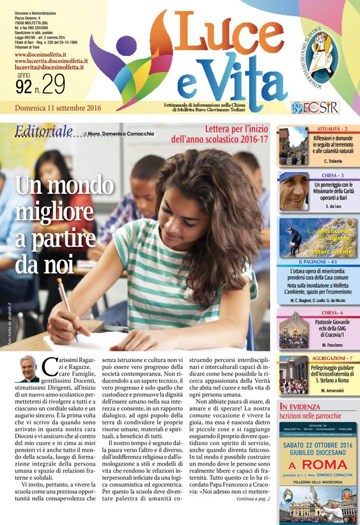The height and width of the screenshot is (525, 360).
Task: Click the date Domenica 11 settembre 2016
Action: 58,108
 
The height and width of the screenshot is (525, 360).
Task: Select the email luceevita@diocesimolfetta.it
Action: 49,67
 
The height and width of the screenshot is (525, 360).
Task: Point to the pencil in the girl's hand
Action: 67,308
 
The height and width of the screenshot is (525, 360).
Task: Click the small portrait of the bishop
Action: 29,369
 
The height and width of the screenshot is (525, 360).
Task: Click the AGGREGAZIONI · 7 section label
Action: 332,358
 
